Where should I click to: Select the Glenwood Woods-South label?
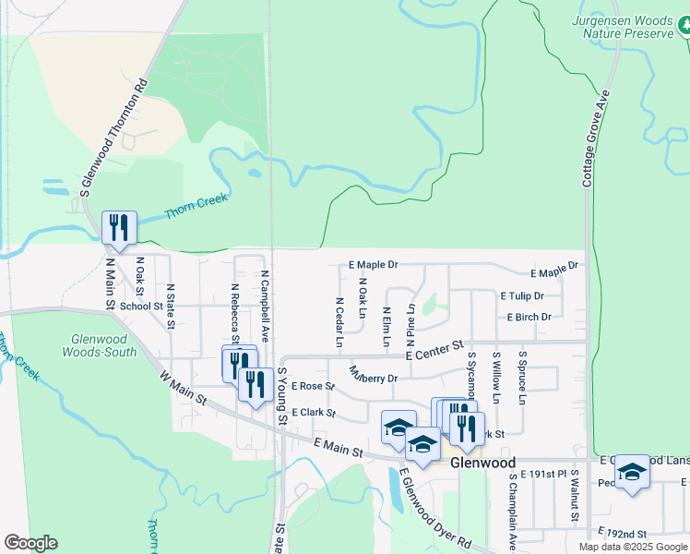[x=99, y=345]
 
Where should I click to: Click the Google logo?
[x=30, y=543]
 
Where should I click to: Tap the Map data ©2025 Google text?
[x=633, y=547]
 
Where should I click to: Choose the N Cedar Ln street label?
[x=339, y=321]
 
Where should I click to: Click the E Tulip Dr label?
[x=522, y=296]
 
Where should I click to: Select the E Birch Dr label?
[x=529, y=317]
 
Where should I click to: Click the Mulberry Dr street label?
[x=373, y=376]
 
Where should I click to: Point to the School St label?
[x=141, y=307]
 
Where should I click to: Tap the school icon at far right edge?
[x=633, y=471]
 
